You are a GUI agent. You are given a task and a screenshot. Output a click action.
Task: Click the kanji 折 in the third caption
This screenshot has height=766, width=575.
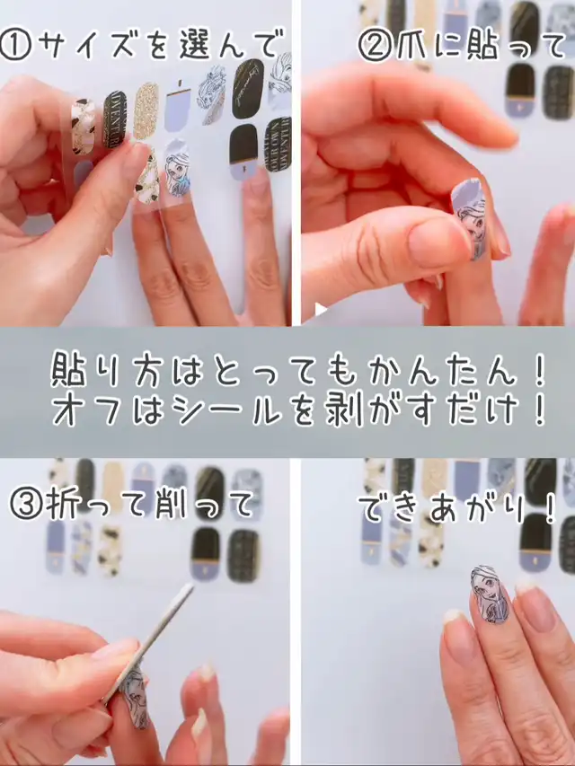[x=60, y=506]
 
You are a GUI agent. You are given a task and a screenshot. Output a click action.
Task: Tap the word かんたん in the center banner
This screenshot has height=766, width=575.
[x=444, y=374]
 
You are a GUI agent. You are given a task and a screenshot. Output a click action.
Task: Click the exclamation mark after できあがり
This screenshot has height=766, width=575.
[x=550, y=510]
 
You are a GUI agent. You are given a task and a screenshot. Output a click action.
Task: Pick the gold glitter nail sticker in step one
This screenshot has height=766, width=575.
[x=146, y=110]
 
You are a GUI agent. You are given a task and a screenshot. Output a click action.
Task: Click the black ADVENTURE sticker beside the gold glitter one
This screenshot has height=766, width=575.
[x=114, y=119]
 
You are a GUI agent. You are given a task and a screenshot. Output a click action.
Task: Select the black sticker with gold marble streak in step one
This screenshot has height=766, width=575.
[x=248, y=88]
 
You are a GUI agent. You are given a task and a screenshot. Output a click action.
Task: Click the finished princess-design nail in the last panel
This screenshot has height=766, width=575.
[x=490, y=594]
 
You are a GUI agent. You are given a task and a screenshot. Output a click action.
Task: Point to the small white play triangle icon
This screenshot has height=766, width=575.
[x=320, y=309]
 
